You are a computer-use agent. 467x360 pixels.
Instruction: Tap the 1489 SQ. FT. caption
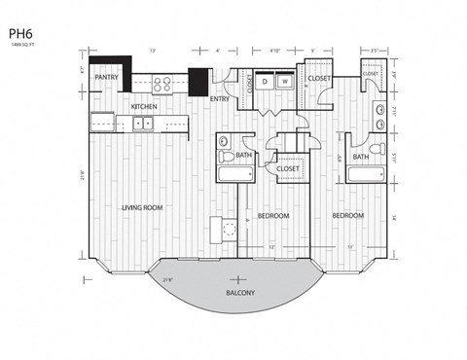pyautogui.click(x=25, y=44)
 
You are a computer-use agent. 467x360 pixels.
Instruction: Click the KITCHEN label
pyautogui.click(x=145, y=106)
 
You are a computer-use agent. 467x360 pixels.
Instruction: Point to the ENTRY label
pyautogui.click(x=219, y=98)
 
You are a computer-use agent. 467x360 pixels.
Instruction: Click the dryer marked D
pyautogui.click(x=265, y=83)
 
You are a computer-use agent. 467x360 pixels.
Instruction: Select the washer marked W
pyautogui.click(x=285, y=83)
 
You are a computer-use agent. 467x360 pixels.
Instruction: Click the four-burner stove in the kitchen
pyautogui.click(x=162, y=84)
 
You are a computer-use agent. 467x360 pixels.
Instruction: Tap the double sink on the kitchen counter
pyautogui.click(x=143, y=123)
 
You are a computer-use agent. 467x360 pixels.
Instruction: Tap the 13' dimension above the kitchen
pyautogui.click(x=152, y=50)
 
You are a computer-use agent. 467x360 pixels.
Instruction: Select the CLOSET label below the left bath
pyautogui.click(x=288, y=168)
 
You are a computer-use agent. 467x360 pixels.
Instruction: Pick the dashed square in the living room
pyautogui.click(x=230, y=230)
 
